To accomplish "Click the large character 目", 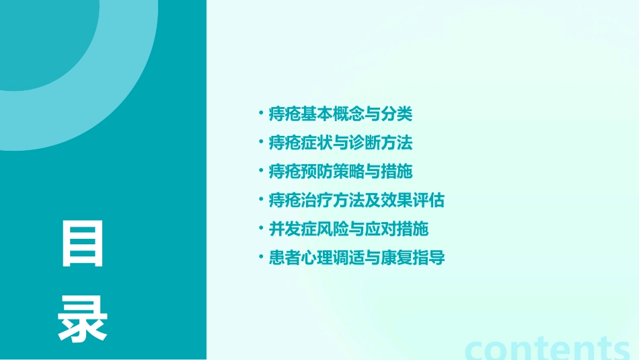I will pyautogui.click(x=83, y=244).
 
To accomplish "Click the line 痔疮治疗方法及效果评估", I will pyautogui.click(x=356, y=201).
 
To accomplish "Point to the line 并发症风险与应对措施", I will pyautogui.click(x=348, y=229).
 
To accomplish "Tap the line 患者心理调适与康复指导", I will pyautogui.click(x=356, y=258).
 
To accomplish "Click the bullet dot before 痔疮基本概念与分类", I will pyautogui.click(x=261, y=114).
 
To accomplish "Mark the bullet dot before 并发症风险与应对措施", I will pyautogui.click(x=261, y=229).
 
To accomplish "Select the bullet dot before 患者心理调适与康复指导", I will pyautogui.click(x=261, y=257).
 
